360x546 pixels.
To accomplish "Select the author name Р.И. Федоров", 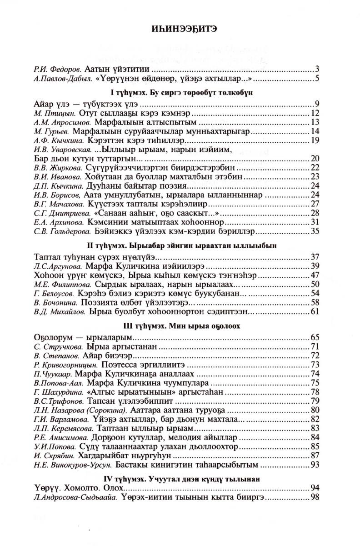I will pyautogui.click(x=58, y=70).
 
